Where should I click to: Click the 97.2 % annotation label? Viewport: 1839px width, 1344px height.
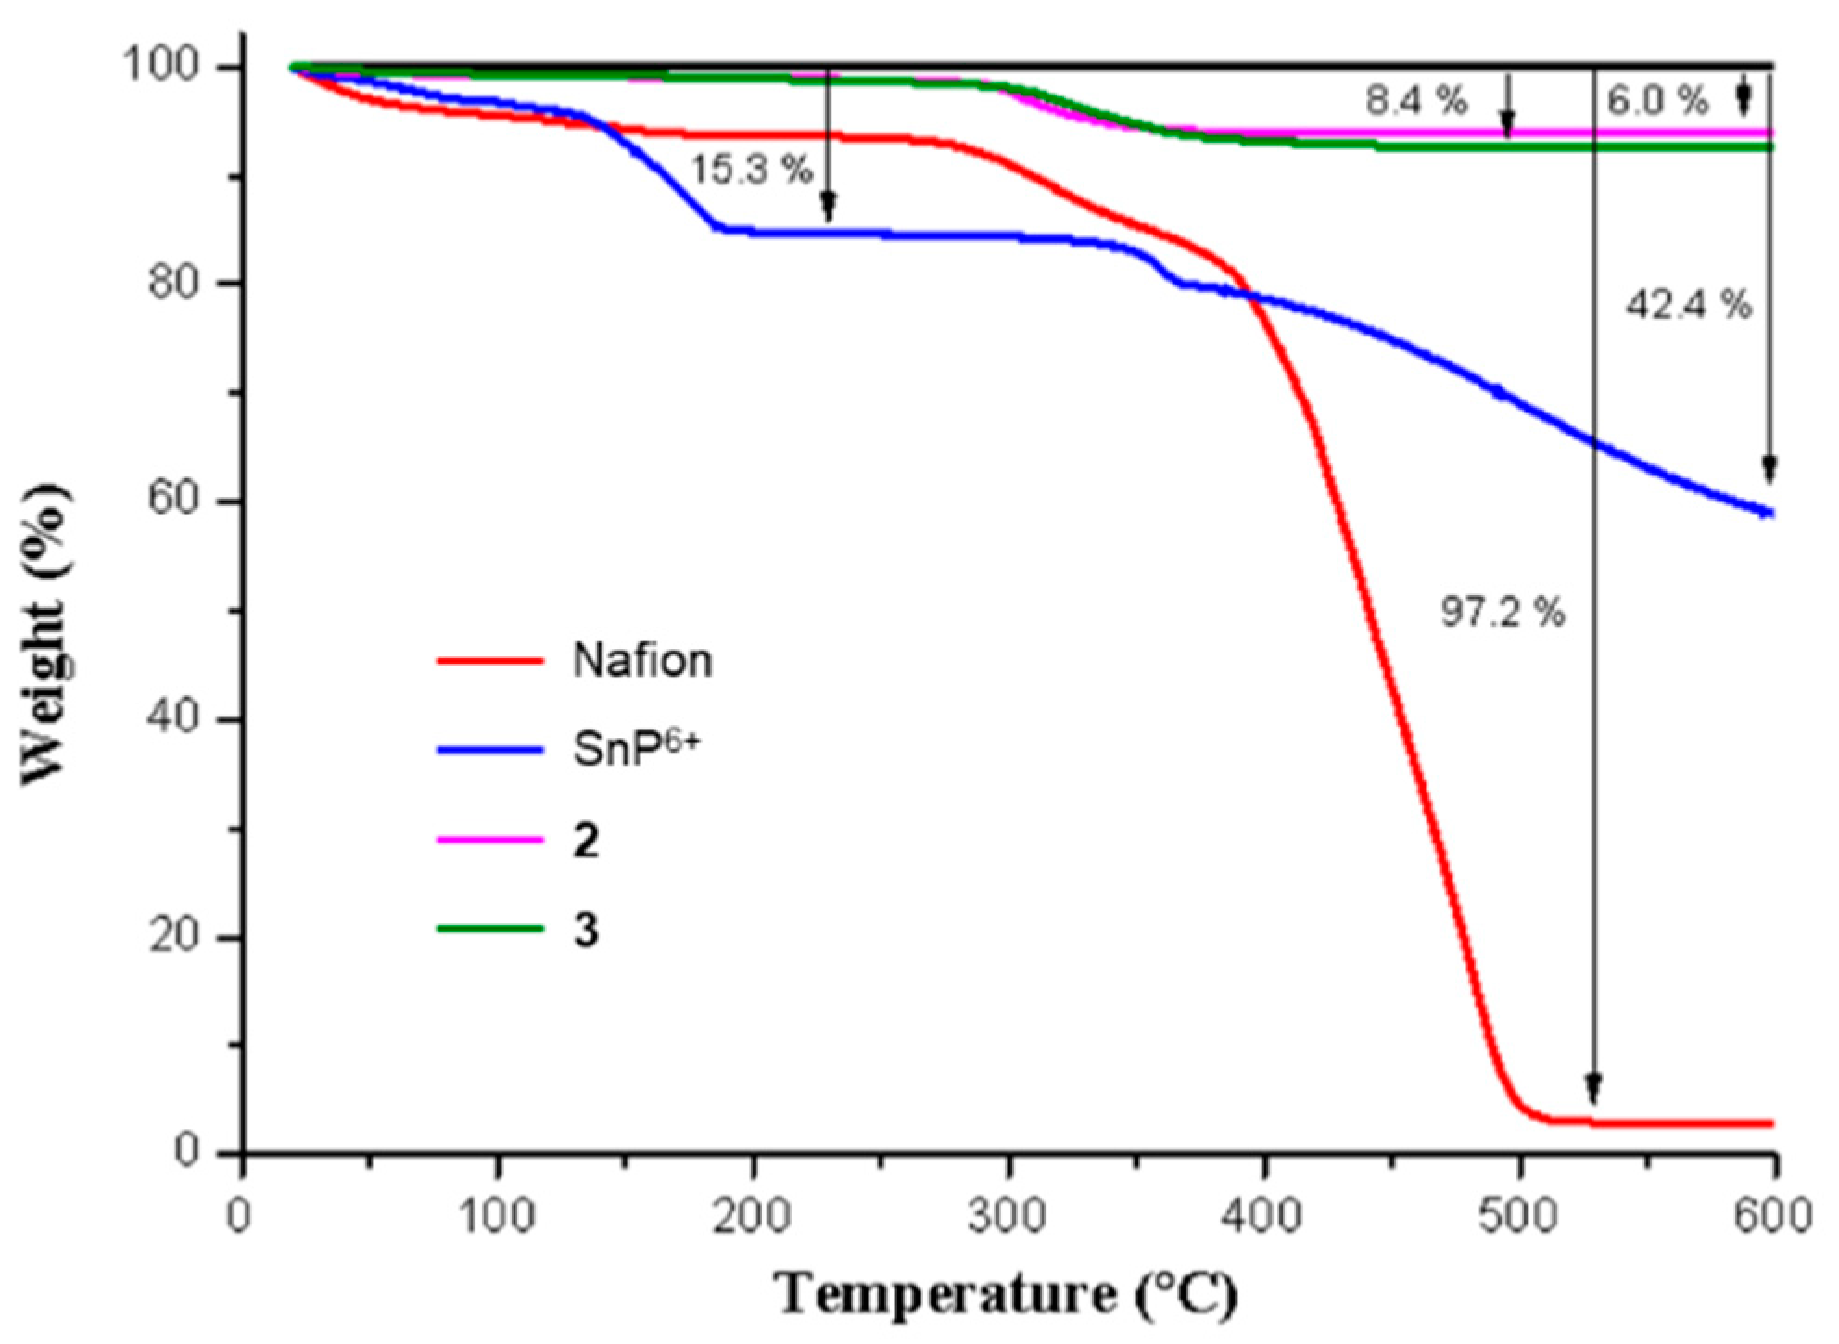[x=1503, y=613]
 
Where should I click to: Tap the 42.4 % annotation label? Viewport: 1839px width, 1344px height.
[x=1688, y=304]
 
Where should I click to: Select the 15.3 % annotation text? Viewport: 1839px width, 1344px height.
[x=751, y=171]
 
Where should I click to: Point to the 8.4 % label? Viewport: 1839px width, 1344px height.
[x=1416, y=101]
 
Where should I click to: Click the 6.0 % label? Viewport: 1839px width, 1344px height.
[x=1657, y=101]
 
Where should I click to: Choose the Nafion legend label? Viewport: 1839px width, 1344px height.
[x=642, y=661]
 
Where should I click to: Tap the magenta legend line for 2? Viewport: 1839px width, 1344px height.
[x=489, y=840]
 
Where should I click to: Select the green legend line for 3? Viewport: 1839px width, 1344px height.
[x=489, y=928]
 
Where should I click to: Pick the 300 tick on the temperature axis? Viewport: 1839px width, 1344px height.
[x=1008, y=1216]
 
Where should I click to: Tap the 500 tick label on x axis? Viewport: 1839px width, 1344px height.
[x=1519, y=1216]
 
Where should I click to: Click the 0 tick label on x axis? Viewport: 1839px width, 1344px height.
[x=240, y=1216]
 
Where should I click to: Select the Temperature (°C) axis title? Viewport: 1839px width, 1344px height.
[x=1008, y=1294]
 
